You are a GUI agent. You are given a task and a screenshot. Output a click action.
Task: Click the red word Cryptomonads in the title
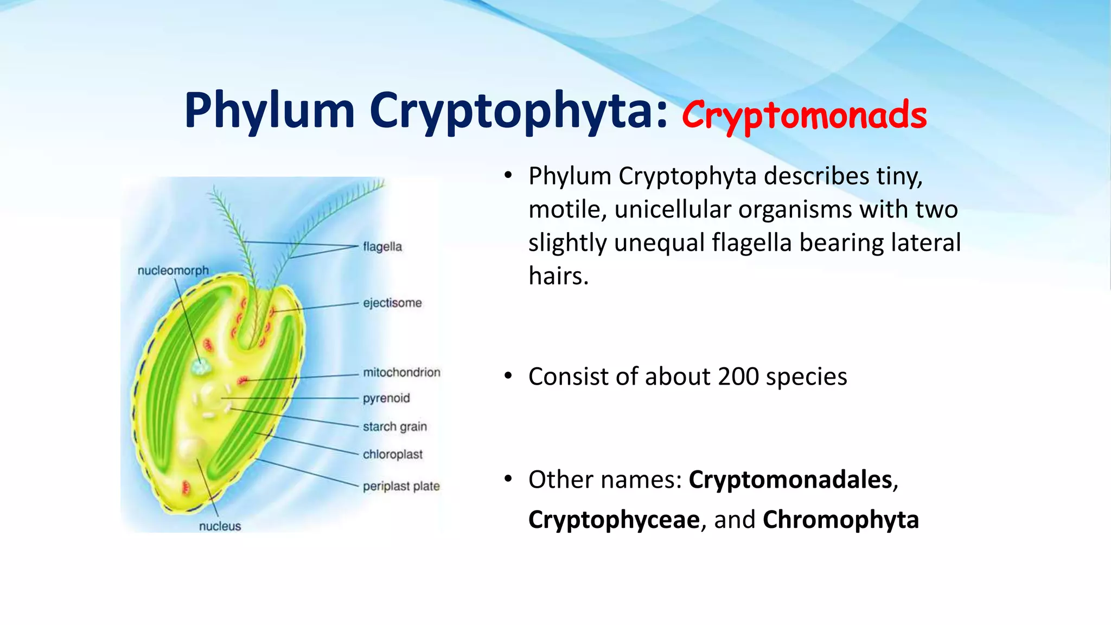click(804, 115)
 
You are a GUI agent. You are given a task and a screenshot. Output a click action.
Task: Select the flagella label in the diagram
click(382, 247)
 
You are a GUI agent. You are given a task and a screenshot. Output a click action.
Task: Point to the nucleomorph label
click(173, 270)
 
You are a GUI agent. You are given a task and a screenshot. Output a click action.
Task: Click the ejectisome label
click(392, 303)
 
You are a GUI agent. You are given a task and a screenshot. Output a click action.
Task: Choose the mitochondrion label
click(401, 372)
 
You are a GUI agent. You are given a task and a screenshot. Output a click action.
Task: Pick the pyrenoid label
click(386, 398)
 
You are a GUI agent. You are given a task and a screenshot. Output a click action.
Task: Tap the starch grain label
click(395, 426)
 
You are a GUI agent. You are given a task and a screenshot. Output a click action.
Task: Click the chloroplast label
click(392, 455)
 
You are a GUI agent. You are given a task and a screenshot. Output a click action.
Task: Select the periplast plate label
click(401, 486)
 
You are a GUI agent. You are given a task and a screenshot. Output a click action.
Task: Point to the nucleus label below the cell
click(220, 526)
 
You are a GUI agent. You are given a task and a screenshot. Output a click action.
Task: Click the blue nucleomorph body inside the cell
click(200, 367)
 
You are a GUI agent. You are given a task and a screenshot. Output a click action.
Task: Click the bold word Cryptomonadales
click(790, 480)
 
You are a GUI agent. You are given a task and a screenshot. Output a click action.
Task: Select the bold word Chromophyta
click(840, 520)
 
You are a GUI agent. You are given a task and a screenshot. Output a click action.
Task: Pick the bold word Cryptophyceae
click(614, 520)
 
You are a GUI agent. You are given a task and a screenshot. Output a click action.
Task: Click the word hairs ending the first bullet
click(558, 276)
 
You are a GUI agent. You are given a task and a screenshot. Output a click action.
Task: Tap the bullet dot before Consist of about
click(508, 376)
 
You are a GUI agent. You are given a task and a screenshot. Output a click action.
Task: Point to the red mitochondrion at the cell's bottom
click(186, 487)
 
